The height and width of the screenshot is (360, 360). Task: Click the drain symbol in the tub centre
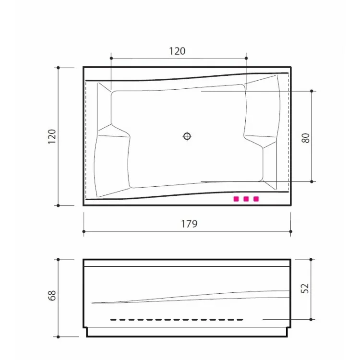187,136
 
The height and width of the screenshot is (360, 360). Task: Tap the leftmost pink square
236,199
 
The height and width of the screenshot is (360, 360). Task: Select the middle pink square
246,199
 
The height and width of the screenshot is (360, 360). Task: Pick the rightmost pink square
256,199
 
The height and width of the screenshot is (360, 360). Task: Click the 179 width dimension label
189,224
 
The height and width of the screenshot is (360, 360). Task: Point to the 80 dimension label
306,138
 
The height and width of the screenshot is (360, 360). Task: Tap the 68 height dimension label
52,296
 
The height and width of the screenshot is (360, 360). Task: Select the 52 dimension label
305,288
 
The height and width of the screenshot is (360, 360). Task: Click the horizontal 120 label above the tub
177,51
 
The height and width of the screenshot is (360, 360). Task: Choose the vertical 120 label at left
52,137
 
